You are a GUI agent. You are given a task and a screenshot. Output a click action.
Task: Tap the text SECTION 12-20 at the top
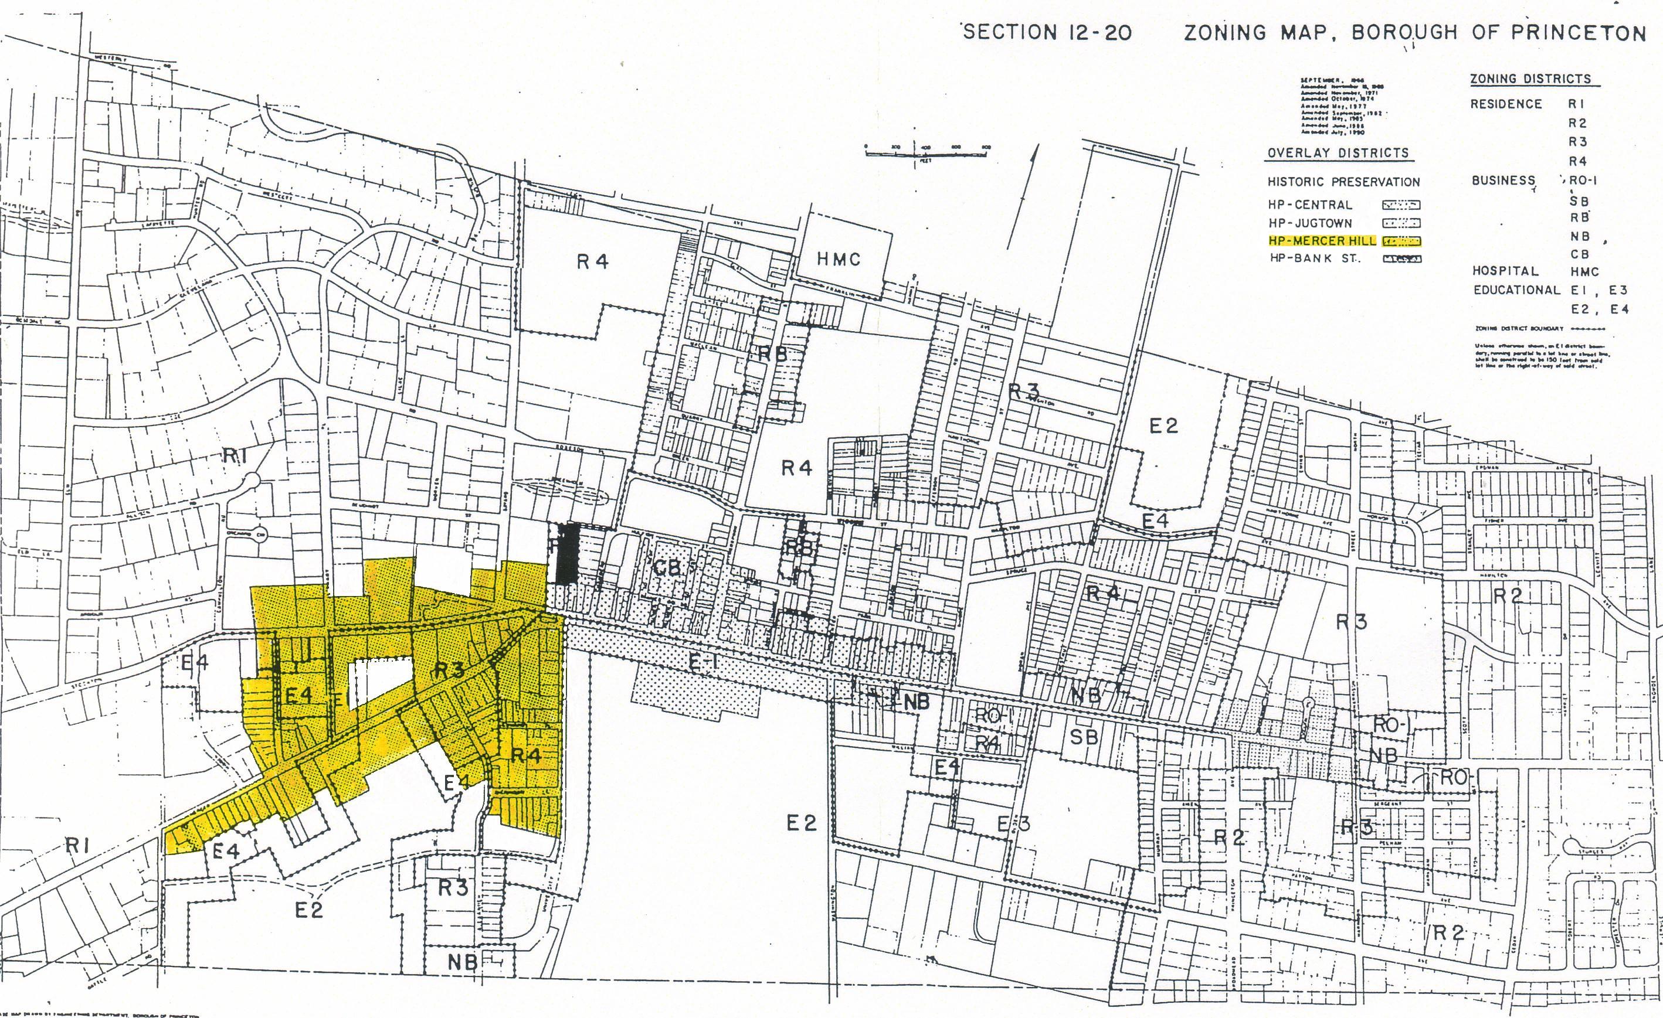pyautogui.click(x=1047, y=32)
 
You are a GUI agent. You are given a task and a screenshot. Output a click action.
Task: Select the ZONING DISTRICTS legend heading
pyautogui.click(x=1530, y=79)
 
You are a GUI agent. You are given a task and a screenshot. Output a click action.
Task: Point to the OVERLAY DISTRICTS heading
pyautogui.click(x=1338, y=153)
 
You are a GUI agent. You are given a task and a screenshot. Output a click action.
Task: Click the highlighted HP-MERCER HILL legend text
pyautogui.click(x=1322, y=241)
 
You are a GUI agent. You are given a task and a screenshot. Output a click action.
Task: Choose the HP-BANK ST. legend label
pyautogui.click(x=1315, y=258)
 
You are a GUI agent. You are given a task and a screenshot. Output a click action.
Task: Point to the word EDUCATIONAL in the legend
pyautogui.click(x=1516, y=290)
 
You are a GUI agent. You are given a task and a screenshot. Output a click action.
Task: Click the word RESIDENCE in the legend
pyautogui.click(x=1506, y=104)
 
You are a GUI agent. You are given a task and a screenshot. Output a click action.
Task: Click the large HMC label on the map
pyautogui.click(x=839, y=259)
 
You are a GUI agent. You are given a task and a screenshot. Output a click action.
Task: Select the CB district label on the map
pyautogui.click(x=666, y=568)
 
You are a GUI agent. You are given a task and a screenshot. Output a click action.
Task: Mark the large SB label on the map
pyautogui.click(x=1084, y=737)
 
